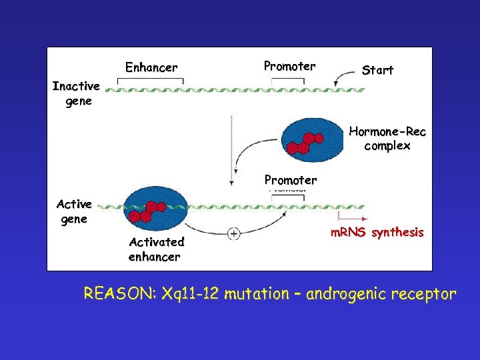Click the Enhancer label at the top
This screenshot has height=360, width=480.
tap(151, 67)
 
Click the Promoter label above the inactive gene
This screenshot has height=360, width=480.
tap(289, 66)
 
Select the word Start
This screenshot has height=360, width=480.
tap(377, 70)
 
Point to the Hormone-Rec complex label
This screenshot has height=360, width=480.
tap(387, 139)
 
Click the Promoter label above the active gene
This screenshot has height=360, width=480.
tap(291, 180)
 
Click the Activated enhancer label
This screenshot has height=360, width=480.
tap(156, 249)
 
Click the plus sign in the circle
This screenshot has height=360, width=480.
tap(234, 233)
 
